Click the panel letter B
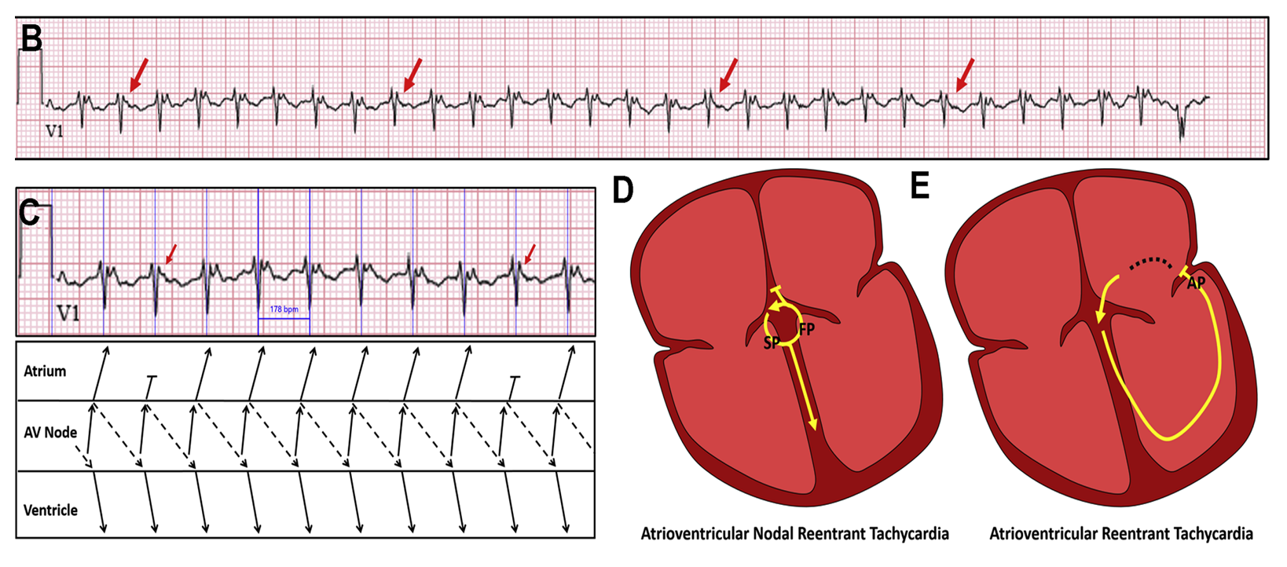(31, 38)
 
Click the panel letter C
(29, 213)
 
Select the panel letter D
(622, 190)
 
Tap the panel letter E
(919, 187)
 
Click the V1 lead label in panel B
(54, 131)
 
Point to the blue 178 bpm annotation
(284, 309)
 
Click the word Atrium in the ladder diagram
(45, 371)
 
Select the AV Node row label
(50, 433)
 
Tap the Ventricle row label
(50, 510)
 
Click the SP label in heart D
(770, 343)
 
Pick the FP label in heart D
(806, 330)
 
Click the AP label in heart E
(1196, 283)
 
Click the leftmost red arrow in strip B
(138, 74)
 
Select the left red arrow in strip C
(170, 253)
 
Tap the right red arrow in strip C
(530, 253)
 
